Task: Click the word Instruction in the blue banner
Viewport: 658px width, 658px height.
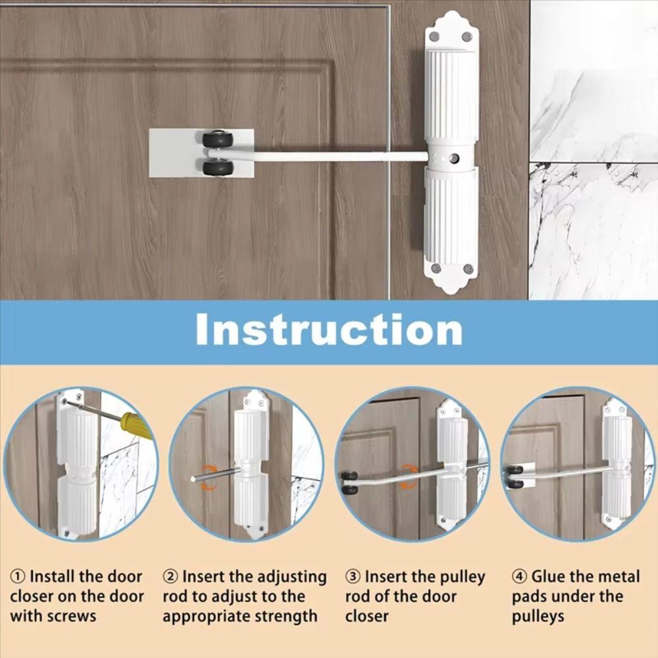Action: point(329,330)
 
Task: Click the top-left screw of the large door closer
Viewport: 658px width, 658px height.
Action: point(434,37)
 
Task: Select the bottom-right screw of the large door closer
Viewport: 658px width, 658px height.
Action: point(468,269)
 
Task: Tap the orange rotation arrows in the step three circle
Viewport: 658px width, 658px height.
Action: point(409,476)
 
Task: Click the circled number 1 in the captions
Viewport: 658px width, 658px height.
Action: point(17,577)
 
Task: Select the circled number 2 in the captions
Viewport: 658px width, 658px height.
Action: point(170,577)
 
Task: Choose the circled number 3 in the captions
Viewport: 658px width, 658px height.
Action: point(353,577)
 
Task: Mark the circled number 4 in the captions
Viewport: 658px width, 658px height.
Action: point(520,577)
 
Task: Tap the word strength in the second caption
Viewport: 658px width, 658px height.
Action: point(286,617)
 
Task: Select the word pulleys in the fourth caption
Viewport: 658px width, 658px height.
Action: point(538,617)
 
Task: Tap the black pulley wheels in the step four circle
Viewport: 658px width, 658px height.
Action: point(516,476)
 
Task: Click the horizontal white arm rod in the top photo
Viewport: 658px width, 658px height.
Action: point(329,157)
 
